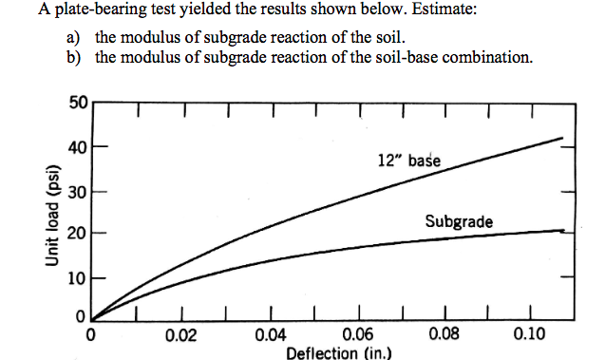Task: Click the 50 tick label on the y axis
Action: pos(78,103)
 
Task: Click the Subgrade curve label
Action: pos(459,221)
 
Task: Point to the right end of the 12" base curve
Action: pos(563,139)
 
